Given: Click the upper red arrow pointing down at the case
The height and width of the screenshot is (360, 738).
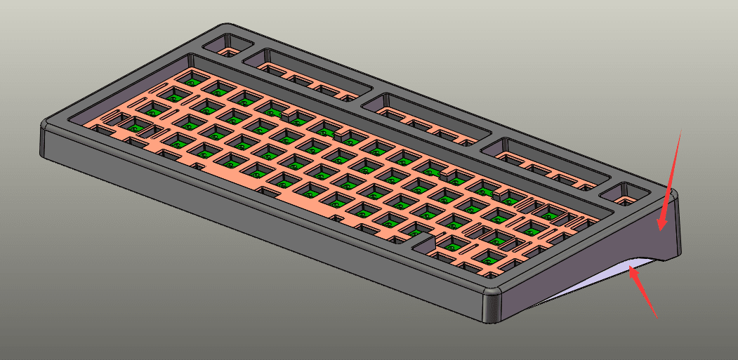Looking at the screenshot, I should coord(671,178).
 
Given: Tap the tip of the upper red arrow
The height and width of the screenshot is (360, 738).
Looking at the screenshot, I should coord(660,228).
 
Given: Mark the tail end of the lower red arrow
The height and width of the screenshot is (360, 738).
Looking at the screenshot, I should coord(656,315).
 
